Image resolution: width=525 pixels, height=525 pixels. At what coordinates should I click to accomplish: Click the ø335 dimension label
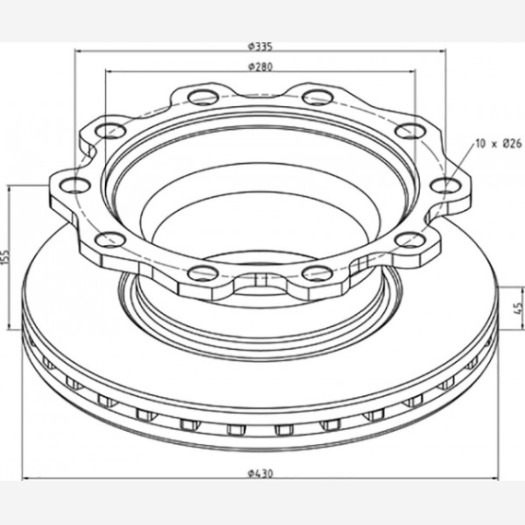tap(261, 47)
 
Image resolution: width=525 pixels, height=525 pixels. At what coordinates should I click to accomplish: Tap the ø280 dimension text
tap(261, 67)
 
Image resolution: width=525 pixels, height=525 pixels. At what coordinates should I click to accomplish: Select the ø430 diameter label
tap(261, 473)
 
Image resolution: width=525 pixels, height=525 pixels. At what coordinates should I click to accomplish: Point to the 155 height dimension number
tap(6, 257)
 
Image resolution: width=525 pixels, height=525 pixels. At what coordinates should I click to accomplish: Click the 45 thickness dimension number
tap(519, 308)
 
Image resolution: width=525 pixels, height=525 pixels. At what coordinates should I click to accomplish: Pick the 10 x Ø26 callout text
tap(498, 144)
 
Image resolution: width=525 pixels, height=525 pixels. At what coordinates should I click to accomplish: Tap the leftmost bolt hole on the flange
tap(75, 185)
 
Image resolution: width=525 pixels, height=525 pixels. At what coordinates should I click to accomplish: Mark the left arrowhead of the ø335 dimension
tap(78, 51)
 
